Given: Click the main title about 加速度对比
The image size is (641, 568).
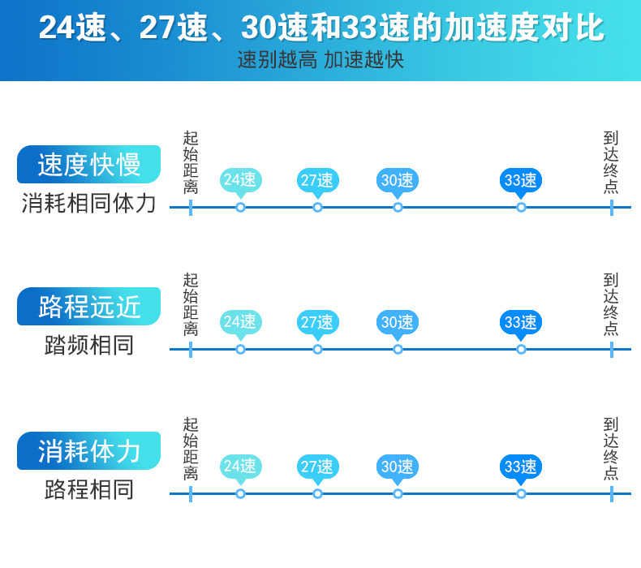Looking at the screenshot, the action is tap(320, 28).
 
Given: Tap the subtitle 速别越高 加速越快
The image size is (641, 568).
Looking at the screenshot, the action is tap(320, 61).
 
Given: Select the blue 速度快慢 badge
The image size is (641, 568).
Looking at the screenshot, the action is tap(89, 164).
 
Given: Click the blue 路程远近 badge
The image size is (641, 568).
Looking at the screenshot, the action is tap(89, 307).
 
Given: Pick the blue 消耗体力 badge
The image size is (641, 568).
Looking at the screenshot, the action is tap(89, 450).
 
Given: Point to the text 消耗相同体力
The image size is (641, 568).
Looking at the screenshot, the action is tap(89, 203).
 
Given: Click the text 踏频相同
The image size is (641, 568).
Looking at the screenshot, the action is tap(89, 346).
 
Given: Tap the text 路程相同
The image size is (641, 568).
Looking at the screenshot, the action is tap(89, 489).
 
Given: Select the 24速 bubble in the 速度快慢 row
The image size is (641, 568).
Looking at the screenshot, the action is tap(240, 180).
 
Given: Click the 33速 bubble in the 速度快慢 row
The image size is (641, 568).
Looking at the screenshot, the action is tap(520, 180).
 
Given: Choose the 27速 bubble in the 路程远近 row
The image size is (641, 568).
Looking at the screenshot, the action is tap(317, 322).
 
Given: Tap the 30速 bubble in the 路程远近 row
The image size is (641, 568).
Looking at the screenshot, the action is tap(398, 322).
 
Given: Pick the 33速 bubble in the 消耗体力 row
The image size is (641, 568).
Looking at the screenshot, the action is tap(520, 467).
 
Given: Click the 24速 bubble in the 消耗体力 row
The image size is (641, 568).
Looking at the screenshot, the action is tap(240, 467).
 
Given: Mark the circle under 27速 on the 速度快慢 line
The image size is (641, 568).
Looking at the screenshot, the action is tap(317, 207).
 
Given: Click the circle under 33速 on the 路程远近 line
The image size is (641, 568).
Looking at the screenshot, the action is tap(521, 349).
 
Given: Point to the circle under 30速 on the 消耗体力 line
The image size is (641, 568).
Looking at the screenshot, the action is tap(398, 493).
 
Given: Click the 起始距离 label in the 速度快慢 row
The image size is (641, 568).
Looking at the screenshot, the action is tap(191, 162).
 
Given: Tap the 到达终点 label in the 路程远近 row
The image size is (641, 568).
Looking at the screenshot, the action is tap(611, 304).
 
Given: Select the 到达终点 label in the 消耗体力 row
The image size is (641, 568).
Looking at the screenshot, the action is tap(611, 448).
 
